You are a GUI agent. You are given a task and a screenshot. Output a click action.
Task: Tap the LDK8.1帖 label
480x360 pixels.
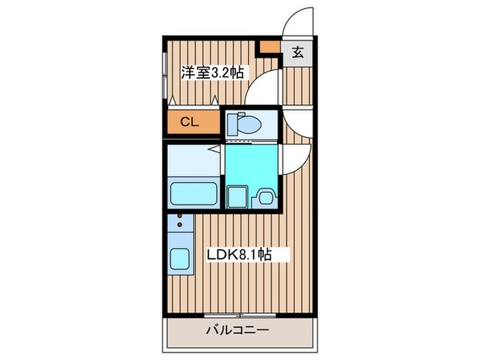click(239, 254)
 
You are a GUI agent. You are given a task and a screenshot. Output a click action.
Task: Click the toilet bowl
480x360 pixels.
click(250, 123)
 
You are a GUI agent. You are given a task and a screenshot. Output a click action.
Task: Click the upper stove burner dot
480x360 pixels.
click(180, 215)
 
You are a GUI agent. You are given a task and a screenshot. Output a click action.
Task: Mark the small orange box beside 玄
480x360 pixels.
click(269, 47)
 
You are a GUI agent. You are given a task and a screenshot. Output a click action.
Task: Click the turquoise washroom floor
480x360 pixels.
click(250, 165)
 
